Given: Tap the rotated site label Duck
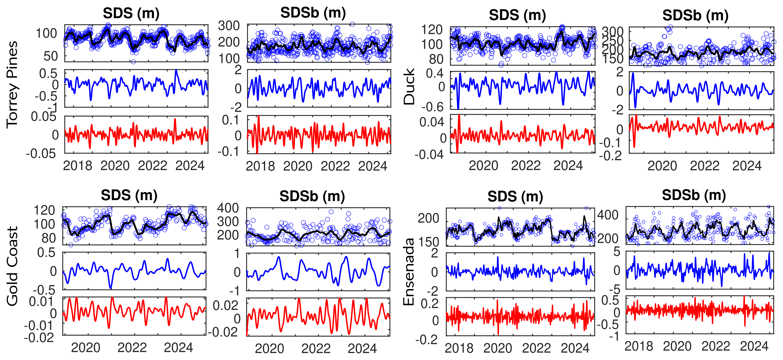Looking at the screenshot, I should (409, 87).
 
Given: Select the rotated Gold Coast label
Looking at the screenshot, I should (12, 266).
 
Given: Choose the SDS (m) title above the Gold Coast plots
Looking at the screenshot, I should (129, 195).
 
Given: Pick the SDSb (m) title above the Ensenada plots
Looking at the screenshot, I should (694, 195).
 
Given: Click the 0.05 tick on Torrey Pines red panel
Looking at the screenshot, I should (43, 117).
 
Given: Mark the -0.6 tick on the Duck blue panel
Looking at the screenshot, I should (432, 107).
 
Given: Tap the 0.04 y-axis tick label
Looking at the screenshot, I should (432, 122).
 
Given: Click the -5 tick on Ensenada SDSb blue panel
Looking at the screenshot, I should (616, 289).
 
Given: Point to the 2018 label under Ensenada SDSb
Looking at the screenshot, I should (639, 346).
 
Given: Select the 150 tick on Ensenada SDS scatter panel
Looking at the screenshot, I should (429, 242).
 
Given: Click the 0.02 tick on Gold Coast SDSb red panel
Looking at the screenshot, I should (225, 305).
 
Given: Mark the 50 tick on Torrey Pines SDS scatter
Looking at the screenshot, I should (51, 56).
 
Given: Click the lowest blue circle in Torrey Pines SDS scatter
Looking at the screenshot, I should (133, 62).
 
